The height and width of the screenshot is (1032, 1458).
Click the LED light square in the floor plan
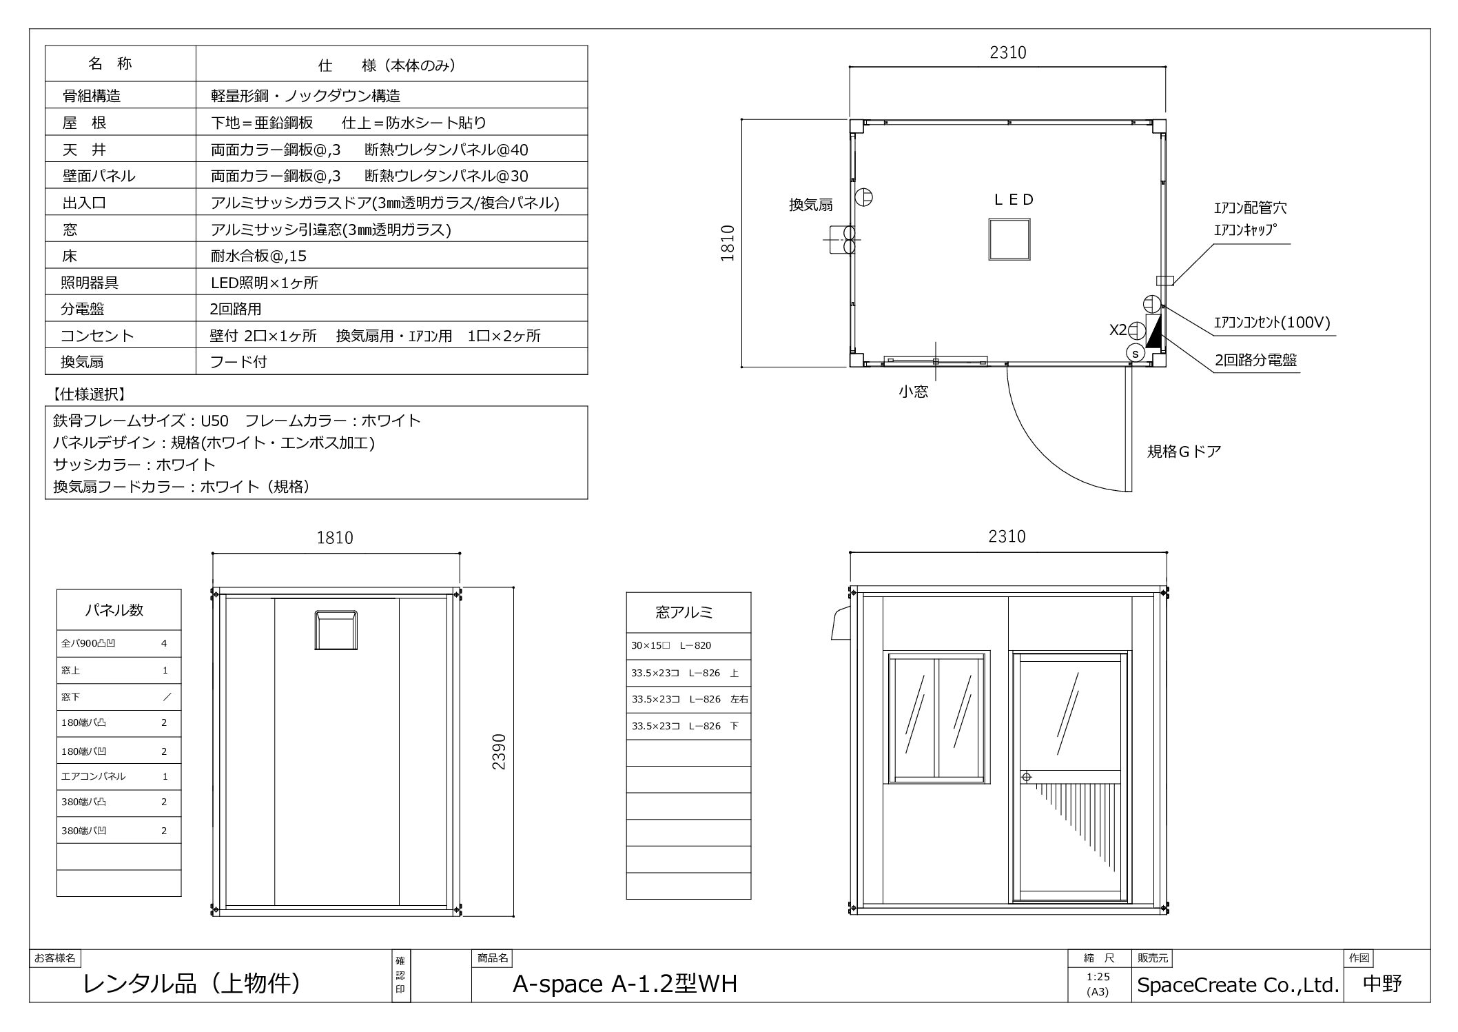click(x=1009, y=239)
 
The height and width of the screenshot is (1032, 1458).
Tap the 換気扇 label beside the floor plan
click(x=811, y=205)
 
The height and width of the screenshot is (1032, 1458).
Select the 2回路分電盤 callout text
click(x=1255, y=360)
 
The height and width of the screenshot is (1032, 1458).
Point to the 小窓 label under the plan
click(x=913, y=392)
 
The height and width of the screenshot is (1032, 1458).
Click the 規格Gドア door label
click(x=1184, y=452)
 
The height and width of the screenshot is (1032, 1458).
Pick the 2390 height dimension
click(x=499, y=752)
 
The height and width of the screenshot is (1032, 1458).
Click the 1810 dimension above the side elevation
click(x=335, y=538)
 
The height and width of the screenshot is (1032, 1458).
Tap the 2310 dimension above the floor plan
click(x=1008, y=52)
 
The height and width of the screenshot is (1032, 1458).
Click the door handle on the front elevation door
click(x=1026, y=777)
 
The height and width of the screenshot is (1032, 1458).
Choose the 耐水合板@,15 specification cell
click(x=258, y=256)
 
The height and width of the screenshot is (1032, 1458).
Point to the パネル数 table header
click(x=114, y=610)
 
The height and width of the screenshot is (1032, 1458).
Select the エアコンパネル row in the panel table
click(x=119, y=776)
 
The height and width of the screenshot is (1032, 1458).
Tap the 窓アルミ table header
click(x=684, y=611)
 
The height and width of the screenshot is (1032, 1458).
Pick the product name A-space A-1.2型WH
click(x=625, y=984)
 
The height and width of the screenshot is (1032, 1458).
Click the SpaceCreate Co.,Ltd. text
click(x=1238, y=985)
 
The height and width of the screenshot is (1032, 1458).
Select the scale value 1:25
click(x=1098, y=976)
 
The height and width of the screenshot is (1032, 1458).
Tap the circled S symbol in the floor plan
click(x=1135, y=353)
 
